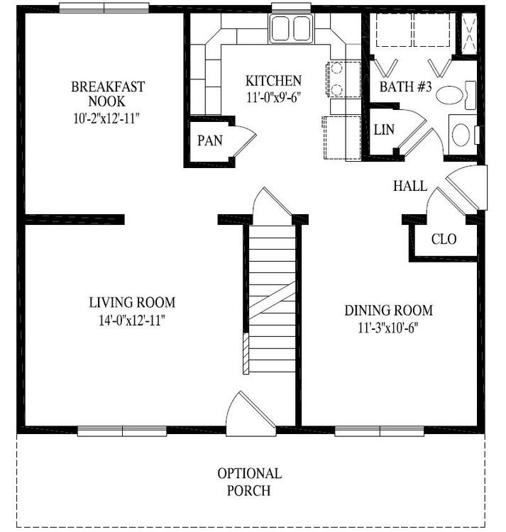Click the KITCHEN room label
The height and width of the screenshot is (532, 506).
[273, 81]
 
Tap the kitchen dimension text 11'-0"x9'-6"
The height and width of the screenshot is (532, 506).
[273, 97]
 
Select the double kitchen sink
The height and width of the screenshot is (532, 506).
[291, 28]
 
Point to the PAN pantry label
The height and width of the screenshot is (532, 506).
[210, 140]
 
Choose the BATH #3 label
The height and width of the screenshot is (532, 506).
[405, 87]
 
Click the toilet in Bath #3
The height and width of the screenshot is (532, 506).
[456, 95]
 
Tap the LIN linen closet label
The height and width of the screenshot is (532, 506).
[384, 130]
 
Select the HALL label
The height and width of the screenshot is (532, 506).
[410, 186]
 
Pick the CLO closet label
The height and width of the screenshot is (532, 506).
[444, 239]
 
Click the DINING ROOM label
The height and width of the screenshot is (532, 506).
[388, 311]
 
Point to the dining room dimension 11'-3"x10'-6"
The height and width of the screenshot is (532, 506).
[388, 328]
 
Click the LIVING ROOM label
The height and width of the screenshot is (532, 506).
[132, 302]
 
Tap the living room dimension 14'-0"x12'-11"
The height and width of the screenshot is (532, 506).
[132, 320]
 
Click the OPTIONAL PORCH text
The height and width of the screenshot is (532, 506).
[249, 482]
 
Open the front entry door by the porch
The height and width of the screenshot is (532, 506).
[251, 415]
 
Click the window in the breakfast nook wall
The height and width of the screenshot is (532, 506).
[104, 8]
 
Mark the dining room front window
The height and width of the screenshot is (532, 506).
[379, 431]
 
